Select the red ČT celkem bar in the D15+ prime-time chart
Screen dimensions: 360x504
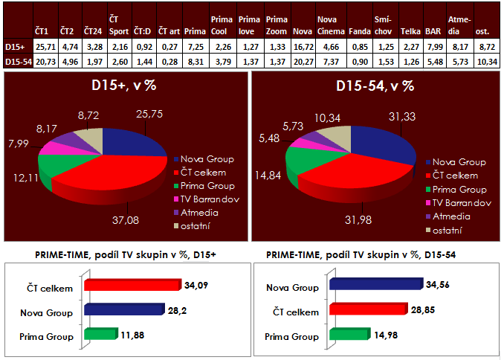click(132, 284)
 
